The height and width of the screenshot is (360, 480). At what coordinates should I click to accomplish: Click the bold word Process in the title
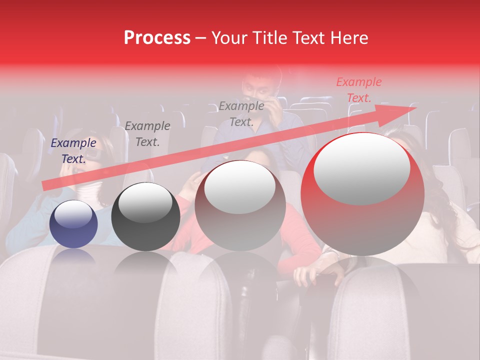(x=157, y=38)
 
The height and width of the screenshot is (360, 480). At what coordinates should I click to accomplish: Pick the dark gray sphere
(x=145, y=216)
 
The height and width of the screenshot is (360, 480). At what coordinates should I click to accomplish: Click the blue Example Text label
(x=73, y=150)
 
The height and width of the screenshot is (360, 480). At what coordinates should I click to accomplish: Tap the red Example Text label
(x=358, y=90)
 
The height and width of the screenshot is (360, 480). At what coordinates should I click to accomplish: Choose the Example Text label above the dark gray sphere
(x=147, y=133)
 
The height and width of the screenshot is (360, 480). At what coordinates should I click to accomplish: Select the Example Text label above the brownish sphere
(x=241, y=113)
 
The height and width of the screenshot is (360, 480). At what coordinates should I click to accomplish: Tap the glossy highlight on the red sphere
(x=362, y=168)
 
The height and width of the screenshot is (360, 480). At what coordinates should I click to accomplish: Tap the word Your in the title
(x=229, y=38)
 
